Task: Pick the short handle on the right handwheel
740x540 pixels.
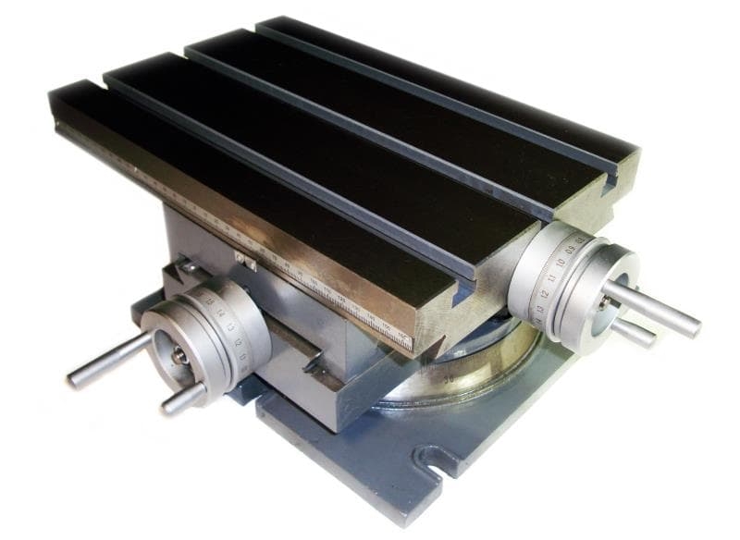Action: pyautogui.click(x=634, y=331)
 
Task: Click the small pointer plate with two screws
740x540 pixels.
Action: pyautogui.click(x=245, y=263)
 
